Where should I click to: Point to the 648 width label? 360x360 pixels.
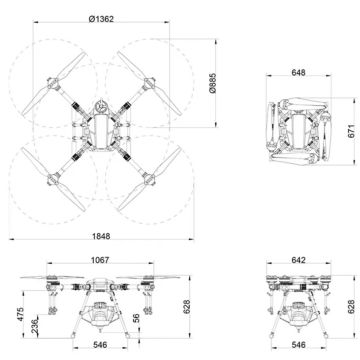(297, 74)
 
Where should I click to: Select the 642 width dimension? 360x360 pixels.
(298, 260)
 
